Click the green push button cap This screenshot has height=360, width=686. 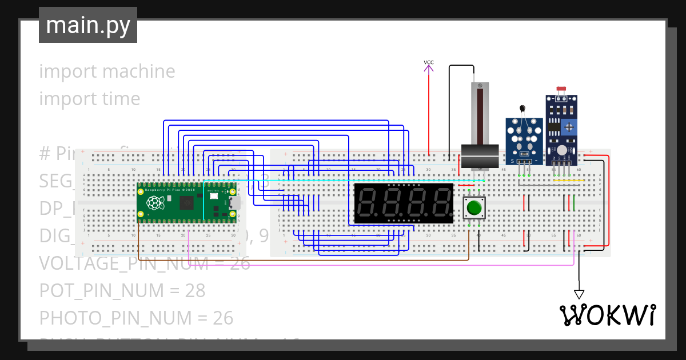[x=473, y=207]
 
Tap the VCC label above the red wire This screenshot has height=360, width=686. [x=429, y=62]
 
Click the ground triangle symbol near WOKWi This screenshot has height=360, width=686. [x=579, y=294]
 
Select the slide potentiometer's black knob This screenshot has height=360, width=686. [x=480, y=155]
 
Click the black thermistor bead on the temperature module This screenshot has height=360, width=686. [x=521, y=108]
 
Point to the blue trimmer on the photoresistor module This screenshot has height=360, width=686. [x=569, y=127]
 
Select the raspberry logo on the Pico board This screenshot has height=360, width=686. [x=154, y=203]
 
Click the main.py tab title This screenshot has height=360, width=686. [x=88, y=25]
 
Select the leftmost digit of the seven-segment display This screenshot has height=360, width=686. [x=368, y=203]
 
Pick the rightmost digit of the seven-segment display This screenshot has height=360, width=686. [x=441, y=203]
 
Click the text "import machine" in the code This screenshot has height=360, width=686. [x=107, y=71]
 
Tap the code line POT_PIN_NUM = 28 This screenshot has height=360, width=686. [x=122, y=290]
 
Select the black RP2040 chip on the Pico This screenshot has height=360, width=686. [x=186, y=203]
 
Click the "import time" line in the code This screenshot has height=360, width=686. [x=90, y=99]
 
